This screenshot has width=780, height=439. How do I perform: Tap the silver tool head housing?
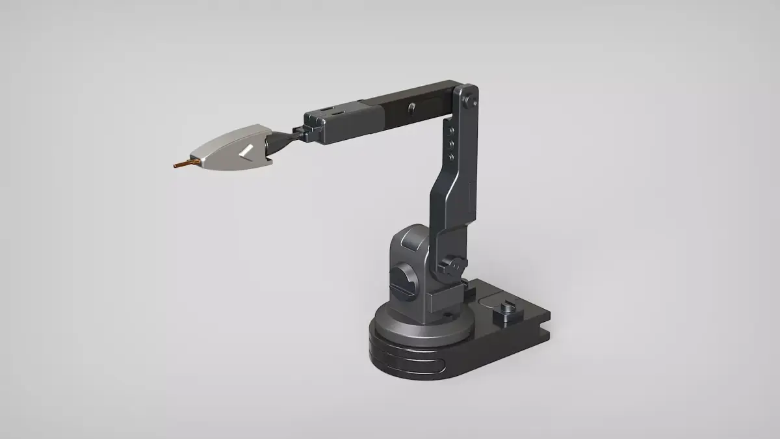coord(231,148)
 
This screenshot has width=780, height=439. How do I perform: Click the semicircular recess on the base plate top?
coord(489,299)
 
